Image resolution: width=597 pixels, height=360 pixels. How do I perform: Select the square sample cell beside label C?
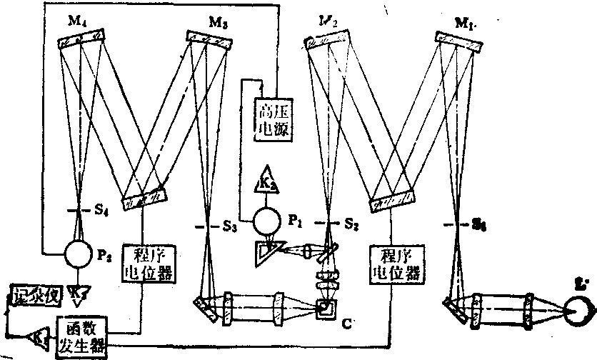(326, 309)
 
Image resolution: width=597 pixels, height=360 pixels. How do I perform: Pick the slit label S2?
(350, 223)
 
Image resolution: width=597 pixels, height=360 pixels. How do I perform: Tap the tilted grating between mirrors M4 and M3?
(145, 194)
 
